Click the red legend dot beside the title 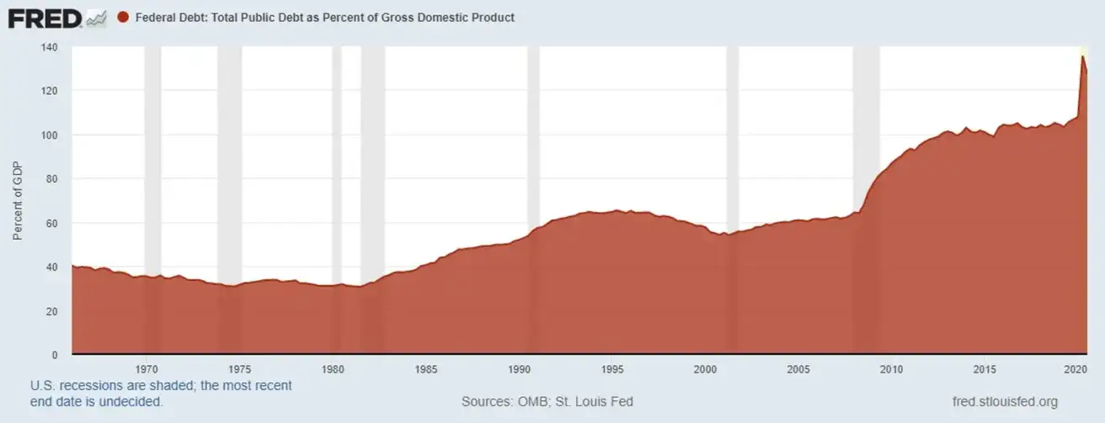(123, 18)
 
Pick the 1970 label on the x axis (147, 368)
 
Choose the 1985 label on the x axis (426, 368)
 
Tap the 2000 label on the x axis (705, 368)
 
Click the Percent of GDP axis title (18, 201)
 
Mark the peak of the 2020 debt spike (1082, 56)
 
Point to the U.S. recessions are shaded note (161, 386)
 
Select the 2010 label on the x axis (891, 368)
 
